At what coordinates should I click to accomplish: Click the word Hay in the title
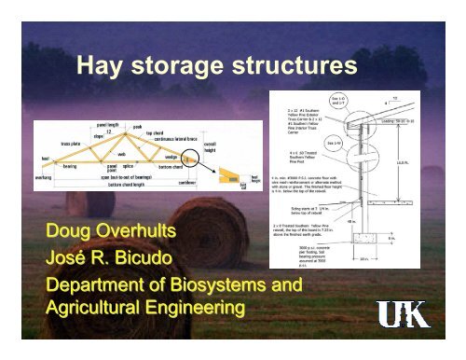pyautogui.click(x=102, y=66)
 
